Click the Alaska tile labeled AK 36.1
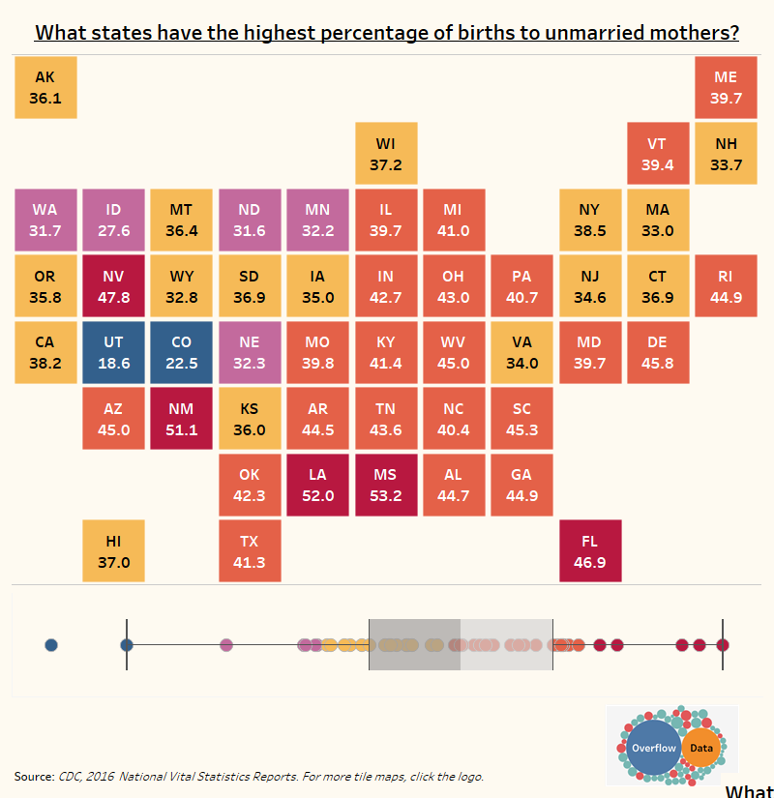coord(45,88)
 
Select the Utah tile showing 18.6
coord(113,353)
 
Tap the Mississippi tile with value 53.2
coord(385,486)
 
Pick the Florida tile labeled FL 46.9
coord(589,551)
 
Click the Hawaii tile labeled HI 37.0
coord(113,551)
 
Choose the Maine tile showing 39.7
coord(726,88)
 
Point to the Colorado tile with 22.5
coord(181,353)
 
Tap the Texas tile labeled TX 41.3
coord(250,551)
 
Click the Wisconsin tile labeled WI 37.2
coord(385,154)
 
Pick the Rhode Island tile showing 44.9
coord(726,287)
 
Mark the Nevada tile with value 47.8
coord(113,287)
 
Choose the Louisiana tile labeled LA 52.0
coord(317,486)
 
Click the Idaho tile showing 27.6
coord(113,221)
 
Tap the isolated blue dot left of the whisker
coord(51,645)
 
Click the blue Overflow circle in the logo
coord(653,748)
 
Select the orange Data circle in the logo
coord(701,748)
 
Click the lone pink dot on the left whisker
coord(226,645)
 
